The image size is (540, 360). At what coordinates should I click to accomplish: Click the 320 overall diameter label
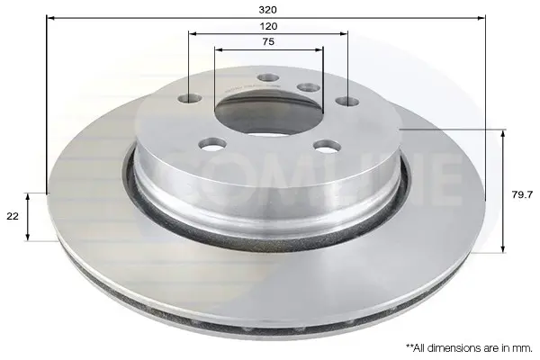(x=268, y=10)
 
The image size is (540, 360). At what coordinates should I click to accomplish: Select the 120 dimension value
(x=268, y=26)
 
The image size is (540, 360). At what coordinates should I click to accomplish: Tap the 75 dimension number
(x=268, y=41)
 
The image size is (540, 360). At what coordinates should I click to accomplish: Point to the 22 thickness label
(x=13, y=216)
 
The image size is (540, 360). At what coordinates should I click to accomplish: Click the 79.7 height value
(x=522, y=195)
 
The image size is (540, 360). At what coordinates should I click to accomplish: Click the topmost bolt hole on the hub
(x=268, y=77)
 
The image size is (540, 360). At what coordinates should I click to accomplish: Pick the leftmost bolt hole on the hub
(x=190, y=99)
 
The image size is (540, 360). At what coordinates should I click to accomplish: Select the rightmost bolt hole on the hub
(x=347, y=102)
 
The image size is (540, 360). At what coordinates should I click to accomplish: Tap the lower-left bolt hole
(x=212, y=144)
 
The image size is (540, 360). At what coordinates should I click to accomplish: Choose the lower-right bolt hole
(x=328, y=147)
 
